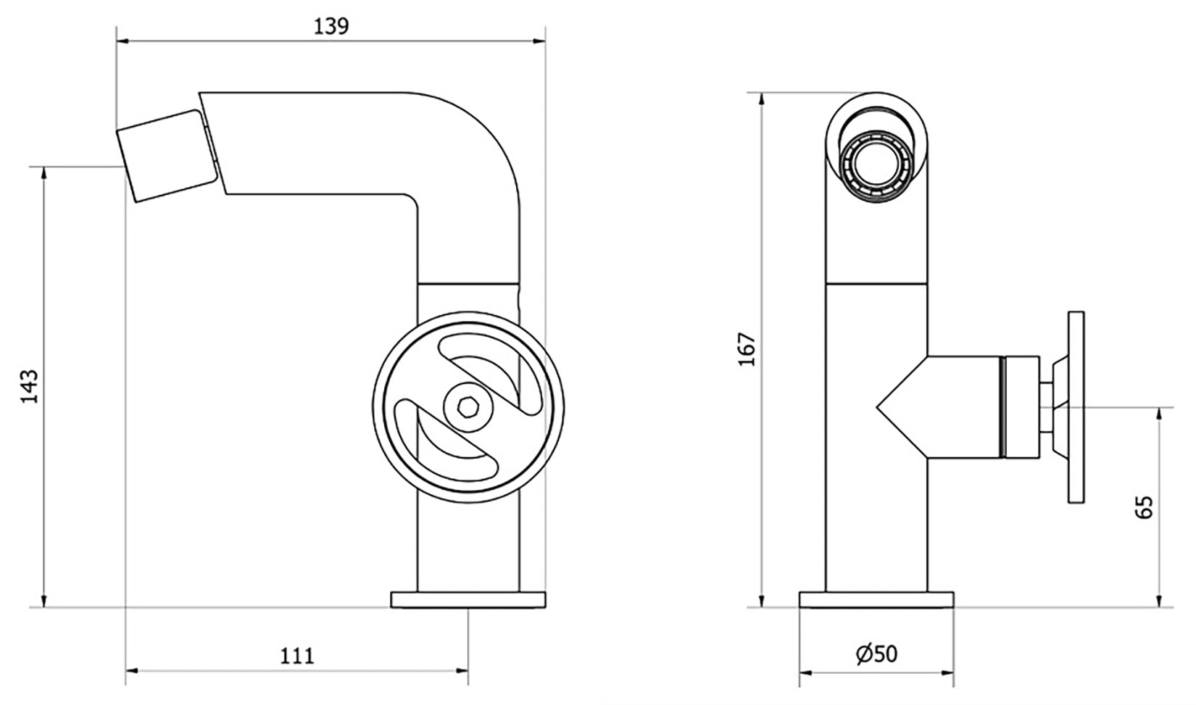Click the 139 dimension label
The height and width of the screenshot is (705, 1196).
tap(332, 26)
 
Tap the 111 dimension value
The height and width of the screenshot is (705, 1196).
tap(297, 656)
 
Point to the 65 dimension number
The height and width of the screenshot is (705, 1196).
tap(1145, 507)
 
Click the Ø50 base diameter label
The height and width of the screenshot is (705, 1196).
tap(876, 654)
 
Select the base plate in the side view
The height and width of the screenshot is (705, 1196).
tap(468, 600)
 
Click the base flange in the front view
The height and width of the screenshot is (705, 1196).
tap(876, 600)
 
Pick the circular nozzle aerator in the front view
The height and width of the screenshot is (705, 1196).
tap(876, 167)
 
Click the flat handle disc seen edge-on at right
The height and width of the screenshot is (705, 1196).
tap(1076, 408)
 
